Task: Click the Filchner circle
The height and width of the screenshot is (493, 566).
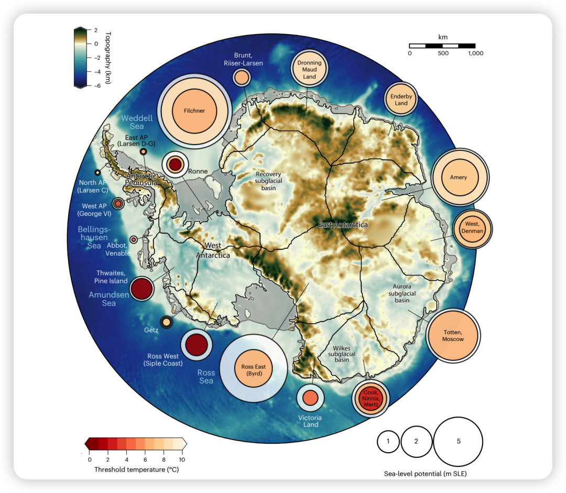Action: tap(194, 111)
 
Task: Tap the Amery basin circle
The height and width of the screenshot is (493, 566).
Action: tap(459, 178)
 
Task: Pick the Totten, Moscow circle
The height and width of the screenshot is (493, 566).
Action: tap(453, 336)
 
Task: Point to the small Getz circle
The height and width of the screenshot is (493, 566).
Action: tap(167, 322)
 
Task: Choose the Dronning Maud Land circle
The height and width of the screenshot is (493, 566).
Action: tap(309, 70)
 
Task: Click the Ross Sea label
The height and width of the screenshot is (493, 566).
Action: tap(206, 377)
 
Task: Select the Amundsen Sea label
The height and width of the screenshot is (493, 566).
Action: tap(109, 299)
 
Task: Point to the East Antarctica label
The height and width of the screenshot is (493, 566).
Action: tap(343, 225)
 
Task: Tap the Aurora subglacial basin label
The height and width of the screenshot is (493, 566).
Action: tap(402, 293)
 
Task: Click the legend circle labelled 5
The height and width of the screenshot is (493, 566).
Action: tap(458, 441)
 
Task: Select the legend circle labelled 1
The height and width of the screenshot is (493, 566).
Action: tap(388, 441)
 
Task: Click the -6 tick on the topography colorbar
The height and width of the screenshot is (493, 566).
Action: tap(96, 86)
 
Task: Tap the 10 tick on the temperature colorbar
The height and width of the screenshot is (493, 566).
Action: tap(182, 459)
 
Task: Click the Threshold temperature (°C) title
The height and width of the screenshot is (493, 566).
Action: tap(136, 469)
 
